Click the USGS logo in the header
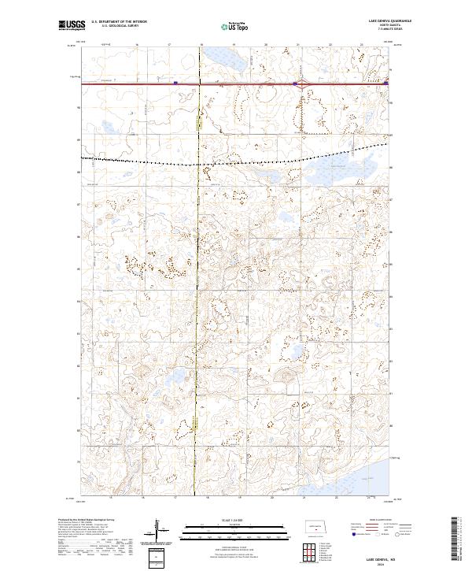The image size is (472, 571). (72, 26)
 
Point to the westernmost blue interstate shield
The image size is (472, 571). (175, 81)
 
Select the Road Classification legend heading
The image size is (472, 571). (373, 520)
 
